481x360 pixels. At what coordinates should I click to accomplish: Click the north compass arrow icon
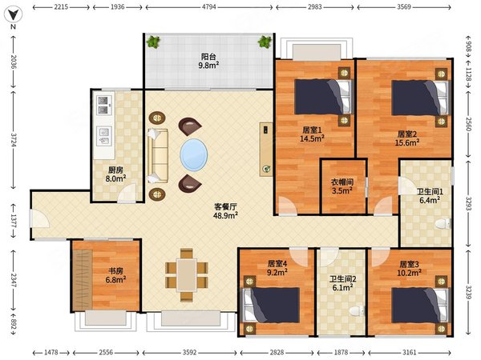pyautogui.click(x=14, y=14)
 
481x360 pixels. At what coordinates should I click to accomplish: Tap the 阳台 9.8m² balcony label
pyautogui.click(x=210, y=61)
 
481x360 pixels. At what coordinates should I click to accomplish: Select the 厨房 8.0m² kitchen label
pyautogui.click(x=115, y=174)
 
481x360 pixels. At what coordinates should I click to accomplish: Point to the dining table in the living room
pyautogui.click(x=187, y=275)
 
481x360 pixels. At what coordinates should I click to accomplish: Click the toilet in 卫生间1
pyautogui.click(x=443, y=223)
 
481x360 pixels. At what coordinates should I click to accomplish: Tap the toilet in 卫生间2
pyautogui.click(x=357, y=311)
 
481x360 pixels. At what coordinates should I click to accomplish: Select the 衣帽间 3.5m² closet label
pyautogui.click(x=342, y=186)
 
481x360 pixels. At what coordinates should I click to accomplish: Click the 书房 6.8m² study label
pyautogui.click(x=115, y=275)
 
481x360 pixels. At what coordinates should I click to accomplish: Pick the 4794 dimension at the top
pyautogui.click(x=208, y=6)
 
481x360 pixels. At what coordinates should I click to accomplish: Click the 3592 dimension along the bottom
pyautogui.click(x=189, y=353)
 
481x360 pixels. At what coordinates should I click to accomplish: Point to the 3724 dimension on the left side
pyautogui.click(x=13, y=139)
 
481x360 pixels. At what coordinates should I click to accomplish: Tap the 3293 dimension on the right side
pyautogui.click(x=468, y=203)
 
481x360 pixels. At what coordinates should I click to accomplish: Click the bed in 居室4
pyautogui.click(x=271, y=305)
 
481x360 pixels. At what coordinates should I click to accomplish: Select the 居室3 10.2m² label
pyautogui.click(x=409, y=268)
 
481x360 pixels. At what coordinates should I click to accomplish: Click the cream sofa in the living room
pyautogui.click(x=158, y=156)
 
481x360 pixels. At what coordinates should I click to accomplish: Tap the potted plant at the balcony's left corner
pyautogui.click(x=153, y=42)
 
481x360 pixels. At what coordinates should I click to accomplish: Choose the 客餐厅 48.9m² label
pyautogui.click(x=225, y=211)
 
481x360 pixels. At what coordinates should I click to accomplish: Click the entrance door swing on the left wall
pyautogui.click(x=39, y=218)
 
